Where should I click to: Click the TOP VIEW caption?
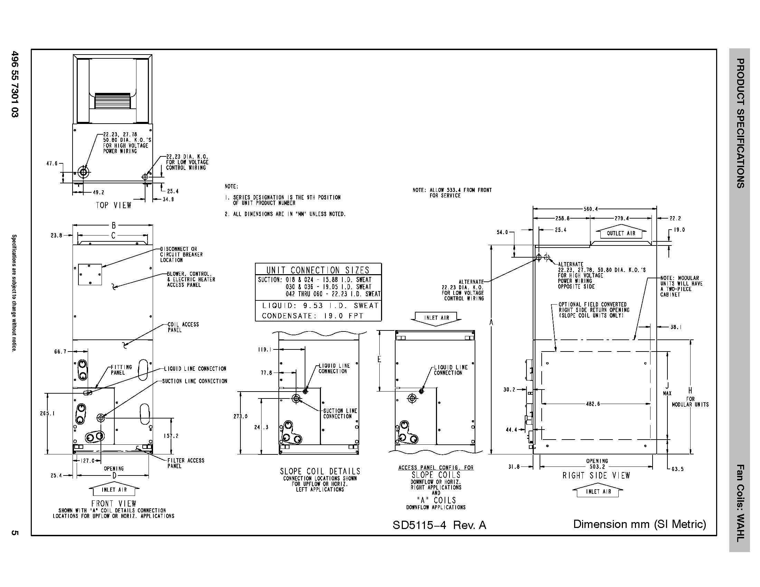coord(113,205)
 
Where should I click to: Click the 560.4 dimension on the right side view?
coord(590,209)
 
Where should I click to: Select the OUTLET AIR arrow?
coord(621,233)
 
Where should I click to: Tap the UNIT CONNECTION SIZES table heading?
coord(318,270)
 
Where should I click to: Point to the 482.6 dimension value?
coord(592,404)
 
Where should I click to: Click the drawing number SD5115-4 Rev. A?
coord(439,525)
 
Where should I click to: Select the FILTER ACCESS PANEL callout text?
coord(186,463)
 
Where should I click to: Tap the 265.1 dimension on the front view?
coord(47,413)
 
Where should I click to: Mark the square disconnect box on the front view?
coord(90,275)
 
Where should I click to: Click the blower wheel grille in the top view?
coord(112,100)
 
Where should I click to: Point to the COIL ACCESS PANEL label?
coord(183,327)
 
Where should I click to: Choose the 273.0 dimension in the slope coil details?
coord(240,416)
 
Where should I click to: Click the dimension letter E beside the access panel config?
coord(379,359)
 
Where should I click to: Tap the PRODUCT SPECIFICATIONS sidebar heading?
coord(740,123)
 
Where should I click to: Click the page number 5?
coord(15,532)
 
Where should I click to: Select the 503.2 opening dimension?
coord(597,467)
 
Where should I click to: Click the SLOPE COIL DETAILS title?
coord(320,471)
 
